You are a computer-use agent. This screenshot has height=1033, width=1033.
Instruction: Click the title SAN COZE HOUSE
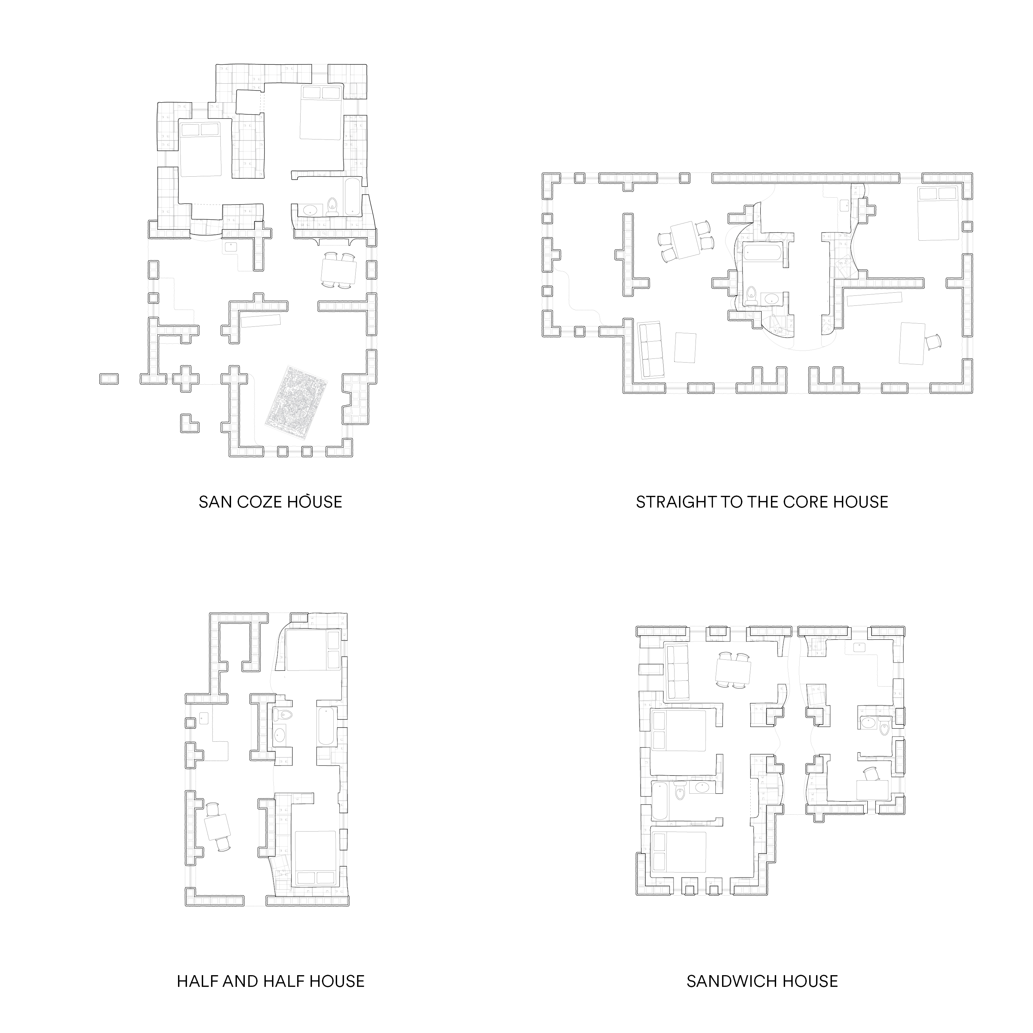click(270, 502)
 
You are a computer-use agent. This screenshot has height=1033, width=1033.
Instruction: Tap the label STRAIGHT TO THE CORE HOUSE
click(762, 502)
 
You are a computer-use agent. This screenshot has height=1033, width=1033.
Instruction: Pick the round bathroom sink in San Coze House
click(309, 209)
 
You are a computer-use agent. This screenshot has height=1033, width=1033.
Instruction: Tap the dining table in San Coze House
click(339, 271)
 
